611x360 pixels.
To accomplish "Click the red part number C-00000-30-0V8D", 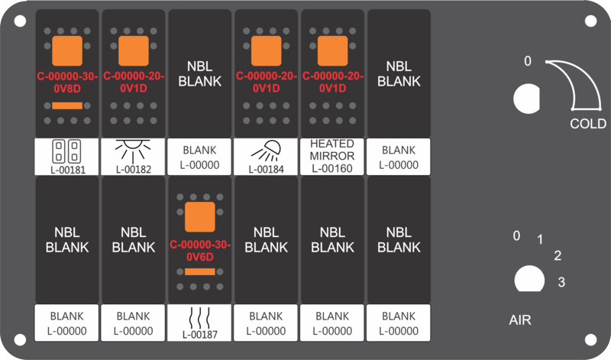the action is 67,83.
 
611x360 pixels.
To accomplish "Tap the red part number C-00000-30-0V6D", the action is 200,251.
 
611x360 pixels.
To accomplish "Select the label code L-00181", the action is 67,170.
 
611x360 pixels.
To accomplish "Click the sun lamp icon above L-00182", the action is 133,151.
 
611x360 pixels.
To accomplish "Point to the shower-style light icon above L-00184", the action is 266,151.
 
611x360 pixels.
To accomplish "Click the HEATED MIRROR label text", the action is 332,150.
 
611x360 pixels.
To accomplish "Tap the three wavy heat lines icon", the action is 199,318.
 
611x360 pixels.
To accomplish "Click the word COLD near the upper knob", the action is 588,124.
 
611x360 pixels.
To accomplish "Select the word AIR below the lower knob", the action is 520,319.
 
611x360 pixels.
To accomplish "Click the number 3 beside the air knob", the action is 561,281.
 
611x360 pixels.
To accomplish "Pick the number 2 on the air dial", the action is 558,255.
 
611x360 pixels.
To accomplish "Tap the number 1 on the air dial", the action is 540,239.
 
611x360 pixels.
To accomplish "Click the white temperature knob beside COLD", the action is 526,99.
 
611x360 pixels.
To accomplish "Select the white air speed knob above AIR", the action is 529,279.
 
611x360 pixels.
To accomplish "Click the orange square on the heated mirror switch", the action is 332,50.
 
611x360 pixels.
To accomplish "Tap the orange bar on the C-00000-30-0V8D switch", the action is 67,105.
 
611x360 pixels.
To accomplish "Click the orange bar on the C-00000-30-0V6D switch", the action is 200,271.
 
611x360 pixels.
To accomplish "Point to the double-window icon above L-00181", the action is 66,151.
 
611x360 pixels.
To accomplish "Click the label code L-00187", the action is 200,335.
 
